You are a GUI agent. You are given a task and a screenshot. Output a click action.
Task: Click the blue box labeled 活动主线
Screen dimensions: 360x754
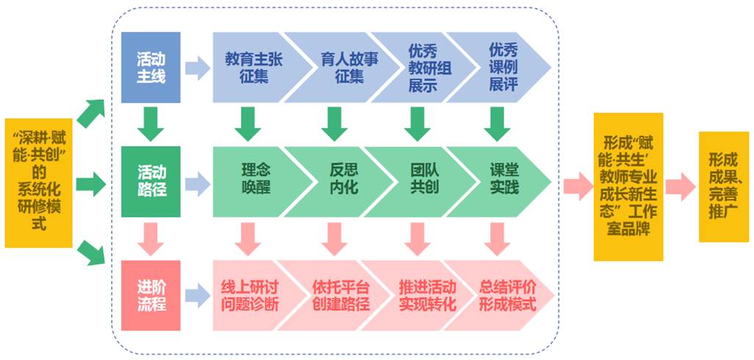point(151,67)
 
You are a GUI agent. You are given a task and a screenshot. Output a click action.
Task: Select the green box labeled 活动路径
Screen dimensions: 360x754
point(151,181)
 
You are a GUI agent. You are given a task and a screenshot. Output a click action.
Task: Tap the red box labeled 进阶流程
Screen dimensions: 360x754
point(151,295)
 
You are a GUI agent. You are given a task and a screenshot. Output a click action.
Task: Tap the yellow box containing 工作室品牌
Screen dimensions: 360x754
point(628,187)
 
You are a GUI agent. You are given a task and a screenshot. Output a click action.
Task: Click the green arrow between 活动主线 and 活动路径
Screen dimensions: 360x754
point(151,123)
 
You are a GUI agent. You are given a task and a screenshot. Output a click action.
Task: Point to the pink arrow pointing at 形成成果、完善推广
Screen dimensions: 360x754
point(681,187)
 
